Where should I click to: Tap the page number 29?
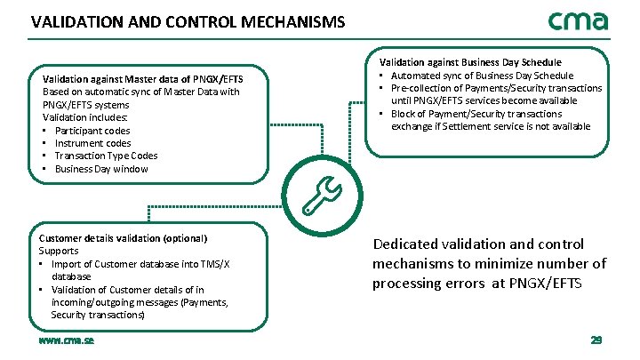pos(596,340)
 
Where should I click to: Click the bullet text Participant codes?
pos(92,131)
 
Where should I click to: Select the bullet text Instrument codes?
pos(92,143)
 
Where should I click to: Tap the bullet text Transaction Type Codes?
pos(107,156)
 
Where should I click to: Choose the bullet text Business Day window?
pos(101,169)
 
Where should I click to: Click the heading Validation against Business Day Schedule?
pos(470,62)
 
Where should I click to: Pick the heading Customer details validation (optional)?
pos(123,238)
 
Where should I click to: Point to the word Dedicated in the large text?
pos(404,244)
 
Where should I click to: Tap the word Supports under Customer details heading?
pos(59,251)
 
